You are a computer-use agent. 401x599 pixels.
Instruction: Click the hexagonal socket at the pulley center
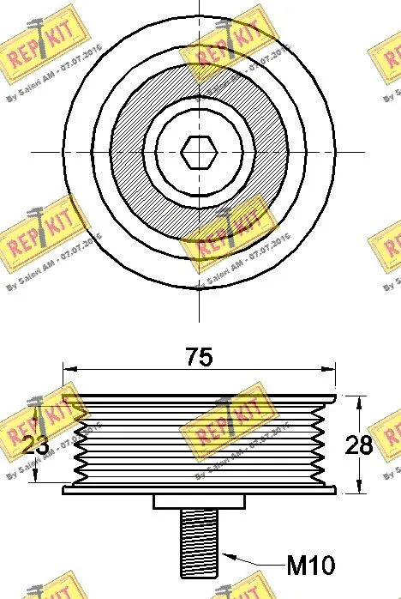(x=199, y=153)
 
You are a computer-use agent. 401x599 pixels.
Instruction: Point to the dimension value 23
(x=34, y=445)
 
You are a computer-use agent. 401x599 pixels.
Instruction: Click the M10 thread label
(x=309, y=566)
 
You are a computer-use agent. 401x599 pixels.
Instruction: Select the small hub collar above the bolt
(x=199, y=502)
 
